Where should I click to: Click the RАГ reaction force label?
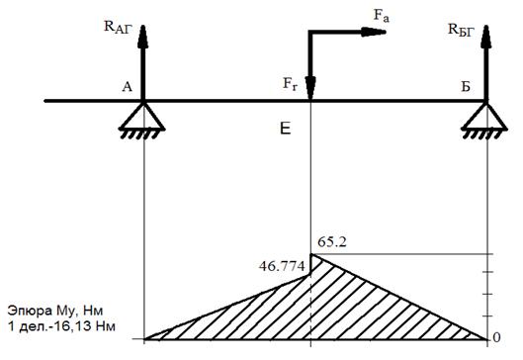119,28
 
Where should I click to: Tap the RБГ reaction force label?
462,31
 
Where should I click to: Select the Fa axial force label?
382,16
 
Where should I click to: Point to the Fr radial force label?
290,84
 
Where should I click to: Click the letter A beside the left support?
128,87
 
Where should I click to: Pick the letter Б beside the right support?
466,87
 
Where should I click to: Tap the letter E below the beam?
285,129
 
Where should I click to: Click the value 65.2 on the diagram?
332,242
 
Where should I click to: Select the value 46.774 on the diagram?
282,266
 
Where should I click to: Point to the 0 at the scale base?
496,337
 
